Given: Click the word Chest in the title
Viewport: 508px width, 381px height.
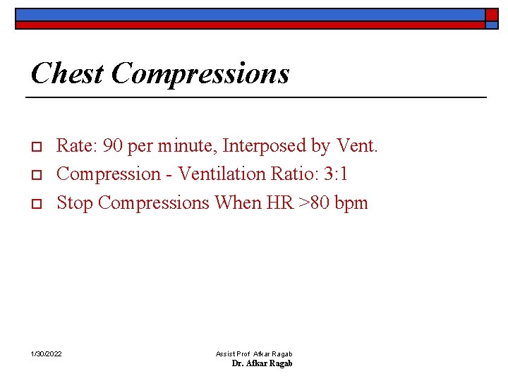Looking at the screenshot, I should (x=67, y=73).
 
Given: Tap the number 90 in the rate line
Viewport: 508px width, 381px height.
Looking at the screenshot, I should (x=113, y=146).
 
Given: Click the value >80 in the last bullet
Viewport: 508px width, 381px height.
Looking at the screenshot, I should (x=315, y=202).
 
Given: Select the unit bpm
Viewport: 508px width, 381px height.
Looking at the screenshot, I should (x=351, y=204).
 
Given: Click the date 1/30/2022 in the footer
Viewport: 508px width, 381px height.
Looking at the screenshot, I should (x=46, y=353).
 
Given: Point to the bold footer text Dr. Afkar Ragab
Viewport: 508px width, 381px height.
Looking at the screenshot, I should (x=262, y=363).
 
